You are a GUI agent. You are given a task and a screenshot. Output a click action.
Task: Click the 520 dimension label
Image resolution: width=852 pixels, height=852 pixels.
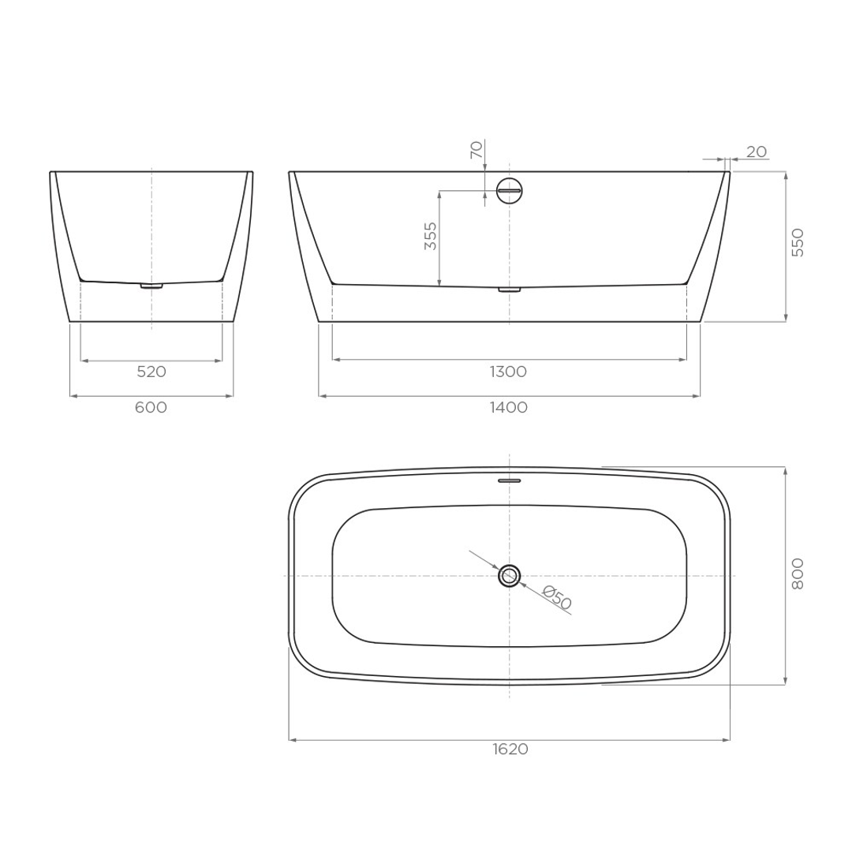click(151, 372)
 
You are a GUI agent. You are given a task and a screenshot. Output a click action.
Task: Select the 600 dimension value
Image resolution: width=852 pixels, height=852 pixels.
click(151, 407)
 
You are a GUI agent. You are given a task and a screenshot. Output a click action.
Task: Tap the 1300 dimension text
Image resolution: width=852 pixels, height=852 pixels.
click(509, 372)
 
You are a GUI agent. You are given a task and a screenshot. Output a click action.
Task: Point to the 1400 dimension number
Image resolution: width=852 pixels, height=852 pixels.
click(509, 407)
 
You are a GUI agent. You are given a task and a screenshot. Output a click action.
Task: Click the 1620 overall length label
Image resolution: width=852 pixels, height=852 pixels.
click(510, 749)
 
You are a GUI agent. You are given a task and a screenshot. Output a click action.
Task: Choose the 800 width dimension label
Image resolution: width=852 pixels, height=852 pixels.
click(798, 574)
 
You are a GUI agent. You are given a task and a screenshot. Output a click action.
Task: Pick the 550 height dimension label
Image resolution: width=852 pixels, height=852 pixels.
click(798, 242)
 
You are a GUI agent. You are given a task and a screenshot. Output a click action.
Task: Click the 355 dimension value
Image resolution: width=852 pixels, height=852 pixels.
click(430, 236)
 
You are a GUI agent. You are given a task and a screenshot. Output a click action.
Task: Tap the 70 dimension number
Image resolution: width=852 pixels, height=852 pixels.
click(476, 150)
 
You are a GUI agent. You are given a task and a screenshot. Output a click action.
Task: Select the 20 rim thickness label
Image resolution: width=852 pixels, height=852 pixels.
click(756, 151)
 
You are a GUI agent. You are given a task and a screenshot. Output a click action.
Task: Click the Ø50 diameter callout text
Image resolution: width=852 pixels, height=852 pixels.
click(557, 600)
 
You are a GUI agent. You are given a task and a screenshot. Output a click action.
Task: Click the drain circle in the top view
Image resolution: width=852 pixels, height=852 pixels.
click(510, 576)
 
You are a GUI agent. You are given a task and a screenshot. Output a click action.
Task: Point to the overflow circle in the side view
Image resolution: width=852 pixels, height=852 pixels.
click(510, 191)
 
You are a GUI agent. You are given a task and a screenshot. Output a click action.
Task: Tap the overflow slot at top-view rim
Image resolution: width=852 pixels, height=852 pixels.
click(510, 480)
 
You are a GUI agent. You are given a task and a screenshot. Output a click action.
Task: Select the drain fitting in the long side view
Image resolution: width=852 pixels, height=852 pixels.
click(510, 290)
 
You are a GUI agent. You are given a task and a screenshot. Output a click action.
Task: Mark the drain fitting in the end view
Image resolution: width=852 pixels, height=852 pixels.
click(151, 286)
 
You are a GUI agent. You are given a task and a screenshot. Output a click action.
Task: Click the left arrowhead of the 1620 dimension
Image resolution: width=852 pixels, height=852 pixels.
click(292, 740)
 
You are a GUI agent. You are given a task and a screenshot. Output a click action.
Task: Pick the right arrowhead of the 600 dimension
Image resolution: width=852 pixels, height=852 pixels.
click(230, 396)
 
